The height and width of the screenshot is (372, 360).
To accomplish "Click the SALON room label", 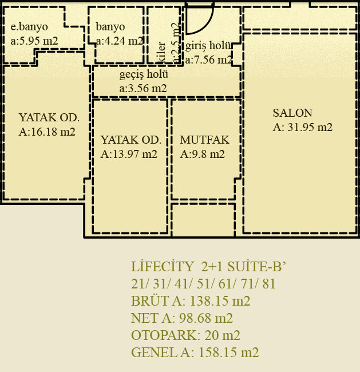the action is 292,113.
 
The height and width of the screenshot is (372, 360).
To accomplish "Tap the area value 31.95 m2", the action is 310,128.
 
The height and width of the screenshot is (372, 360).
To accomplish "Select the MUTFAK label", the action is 204,140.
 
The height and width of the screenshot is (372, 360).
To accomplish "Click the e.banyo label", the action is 29,26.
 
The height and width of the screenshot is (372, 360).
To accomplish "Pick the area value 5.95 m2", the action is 38,41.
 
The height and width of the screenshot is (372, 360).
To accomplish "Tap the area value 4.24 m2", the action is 124,41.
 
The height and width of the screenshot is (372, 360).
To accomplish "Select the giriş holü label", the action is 208,46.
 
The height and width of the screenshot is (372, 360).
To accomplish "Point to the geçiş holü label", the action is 144,74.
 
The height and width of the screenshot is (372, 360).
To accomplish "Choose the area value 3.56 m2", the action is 147,89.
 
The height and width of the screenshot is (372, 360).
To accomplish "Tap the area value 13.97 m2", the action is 135,154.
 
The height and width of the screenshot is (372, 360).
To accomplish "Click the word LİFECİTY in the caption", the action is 163,267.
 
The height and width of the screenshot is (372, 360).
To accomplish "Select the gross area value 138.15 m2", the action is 220,301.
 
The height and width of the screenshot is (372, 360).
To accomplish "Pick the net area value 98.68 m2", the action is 205,318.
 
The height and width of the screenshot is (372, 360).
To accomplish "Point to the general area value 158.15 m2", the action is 228,353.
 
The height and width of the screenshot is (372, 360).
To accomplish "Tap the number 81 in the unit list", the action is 269,284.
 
